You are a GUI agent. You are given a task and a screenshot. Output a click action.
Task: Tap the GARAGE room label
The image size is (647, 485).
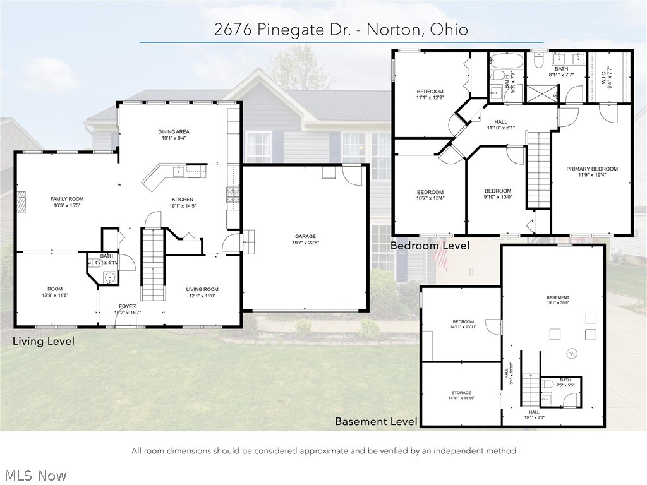click(305, 237)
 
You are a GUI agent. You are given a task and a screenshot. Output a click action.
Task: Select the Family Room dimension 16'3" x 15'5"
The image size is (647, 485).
click(67, 206)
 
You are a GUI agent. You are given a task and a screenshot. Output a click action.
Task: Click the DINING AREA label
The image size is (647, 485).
click(174, 132)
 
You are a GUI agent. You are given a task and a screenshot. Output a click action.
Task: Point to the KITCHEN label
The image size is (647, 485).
click(183, 200)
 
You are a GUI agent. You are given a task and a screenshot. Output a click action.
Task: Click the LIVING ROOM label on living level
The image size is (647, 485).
click(202, 290)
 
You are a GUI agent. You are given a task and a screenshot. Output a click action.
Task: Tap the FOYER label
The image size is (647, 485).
click(128, 306)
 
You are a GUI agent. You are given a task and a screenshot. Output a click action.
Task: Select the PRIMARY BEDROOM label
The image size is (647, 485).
click(592, 169)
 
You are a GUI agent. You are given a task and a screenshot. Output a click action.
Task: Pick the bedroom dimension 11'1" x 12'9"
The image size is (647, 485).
click(430, 98)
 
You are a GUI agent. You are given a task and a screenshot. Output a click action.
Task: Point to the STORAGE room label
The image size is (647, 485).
click(461, 393)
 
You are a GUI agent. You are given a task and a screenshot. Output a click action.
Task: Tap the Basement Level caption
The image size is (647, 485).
click(376, 421)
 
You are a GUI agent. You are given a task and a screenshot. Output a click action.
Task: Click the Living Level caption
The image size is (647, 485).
click(44, 341)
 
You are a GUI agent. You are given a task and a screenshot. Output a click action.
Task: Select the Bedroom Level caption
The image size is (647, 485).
click(430, 246)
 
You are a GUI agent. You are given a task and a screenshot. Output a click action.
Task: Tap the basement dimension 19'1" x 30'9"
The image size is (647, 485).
click(558, 304)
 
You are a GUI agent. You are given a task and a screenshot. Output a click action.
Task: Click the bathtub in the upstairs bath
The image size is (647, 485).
click(506, 63)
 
